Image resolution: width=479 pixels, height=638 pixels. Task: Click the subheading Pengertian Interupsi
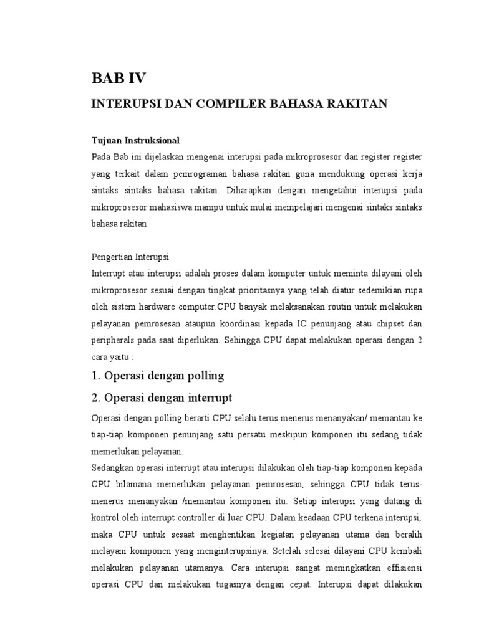(130, 257)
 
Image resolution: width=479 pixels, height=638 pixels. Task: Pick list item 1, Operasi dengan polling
(157, 376)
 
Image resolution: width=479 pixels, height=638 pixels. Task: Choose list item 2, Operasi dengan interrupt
(162, 397)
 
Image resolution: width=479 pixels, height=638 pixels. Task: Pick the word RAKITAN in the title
(358, 103)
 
